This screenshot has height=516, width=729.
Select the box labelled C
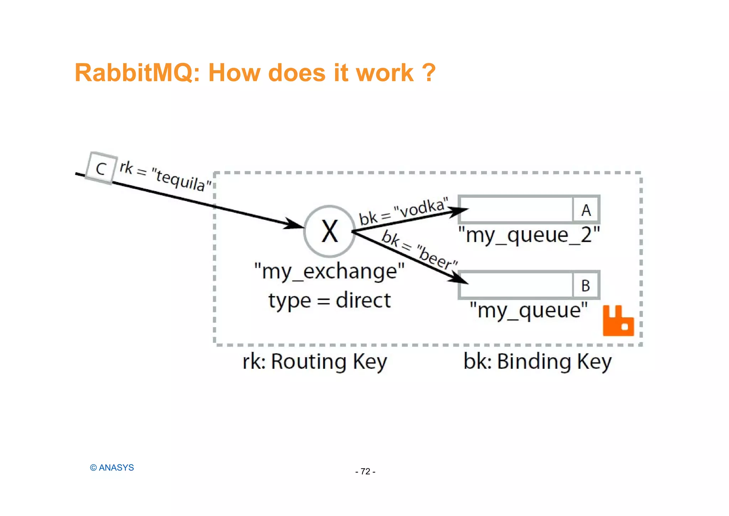point(101,168)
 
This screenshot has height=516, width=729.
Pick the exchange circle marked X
point(330,231)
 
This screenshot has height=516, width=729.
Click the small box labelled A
point(586,210)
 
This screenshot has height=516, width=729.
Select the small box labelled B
point(586,285)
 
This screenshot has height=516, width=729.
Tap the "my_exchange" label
point(330,272)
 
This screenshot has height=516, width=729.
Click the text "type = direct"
point(330,300)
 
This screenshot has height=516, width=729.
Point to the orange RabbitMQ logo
point(618,321)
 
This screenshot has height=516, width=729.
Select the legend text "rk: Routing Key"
point(315,362)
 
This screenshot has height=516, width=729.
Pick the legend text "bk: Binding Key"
point(537,362)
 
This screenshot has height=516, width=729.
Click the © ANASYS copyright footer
point(112,468)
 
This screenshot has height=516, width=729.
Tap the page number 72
point(365,471)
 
